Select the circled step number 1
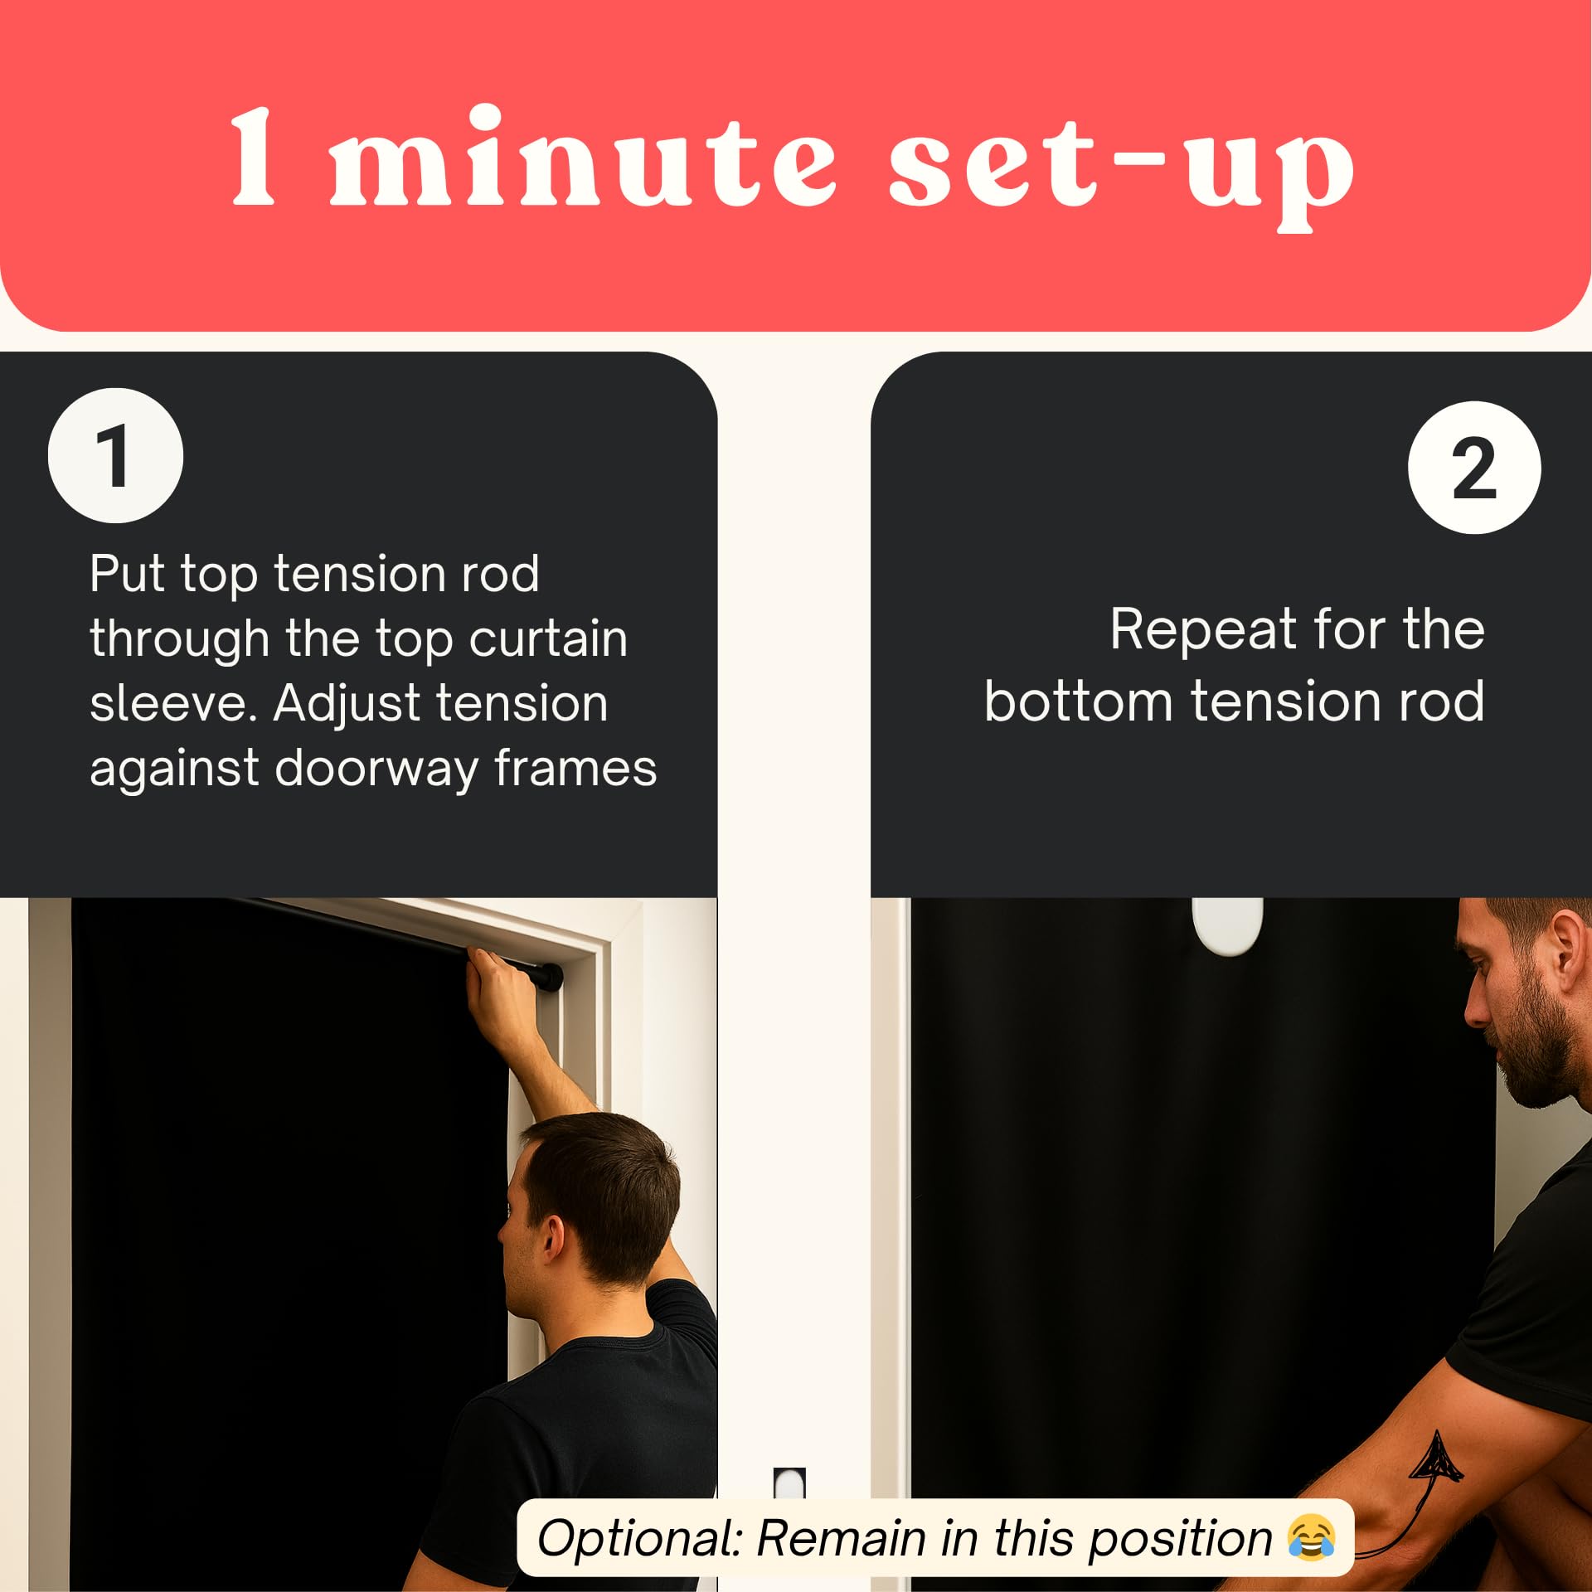point(115,455)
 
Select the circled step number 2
point(1473,468)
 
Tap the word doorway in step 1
point(376,769)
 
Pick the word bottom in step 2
point(1078,701)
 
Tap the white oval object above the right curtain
point(1226,925)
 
